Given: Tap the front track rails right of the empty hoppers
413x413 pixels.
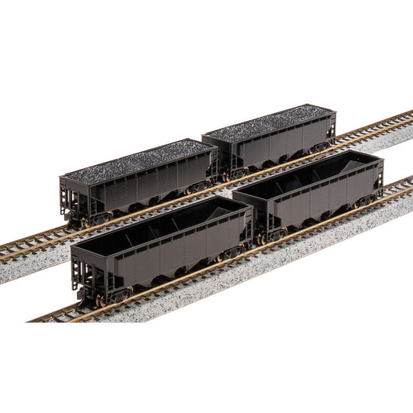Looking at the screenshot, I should coord(395,190).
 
